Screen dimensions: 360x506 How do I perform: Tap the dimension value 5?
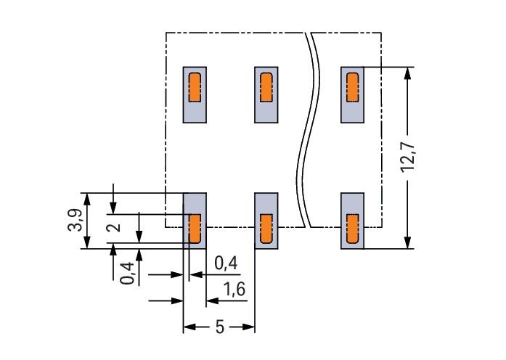pyautogui.click(x=219, y=327)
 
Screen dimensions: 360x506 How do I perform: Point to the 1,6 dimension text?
pyautogui.click(x=234, y=290)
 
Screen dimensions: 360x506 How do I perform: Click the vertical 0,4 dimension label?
pyautogui.click(x=127, y=271)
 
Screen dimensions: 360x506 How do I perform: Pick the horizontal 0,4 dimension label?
pyautogui.click(x=227, y=264)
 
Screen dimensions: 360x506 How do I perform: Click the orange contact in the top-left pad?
pyautogui.click(x=195, y=87)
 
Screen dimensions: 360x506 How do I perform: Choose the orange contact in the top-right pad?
pyautogui.click(x=353, y=87)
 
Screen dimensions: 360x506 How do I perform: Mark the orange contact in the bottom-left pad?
pyautogui.click(x=195, y=229)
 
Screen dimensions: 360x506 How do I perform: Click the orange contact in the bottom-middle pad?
pyautogui.click(x=266, y=229)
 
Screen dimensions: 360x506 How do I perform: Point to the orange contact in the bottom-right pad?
pyautogui.click(x=353, y=229)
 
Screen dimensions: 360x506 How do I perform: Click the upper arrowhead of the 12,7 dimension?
pyautogui.click(x=408, y=73)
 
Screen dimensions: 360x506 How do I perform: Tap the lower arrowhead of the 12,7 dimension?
pyautogui.click(x=408, y=243)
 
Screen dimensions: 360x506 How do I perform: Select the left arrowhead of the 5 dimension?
pyautogui.click(x=187, y=327)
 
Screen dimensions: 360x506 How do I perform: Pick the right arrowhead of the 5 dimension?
pyautogui.click(x=250, y=327)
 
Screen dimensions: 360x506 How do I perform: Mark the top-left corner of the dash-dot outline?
pyautogui.click(x=166, y=33)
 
